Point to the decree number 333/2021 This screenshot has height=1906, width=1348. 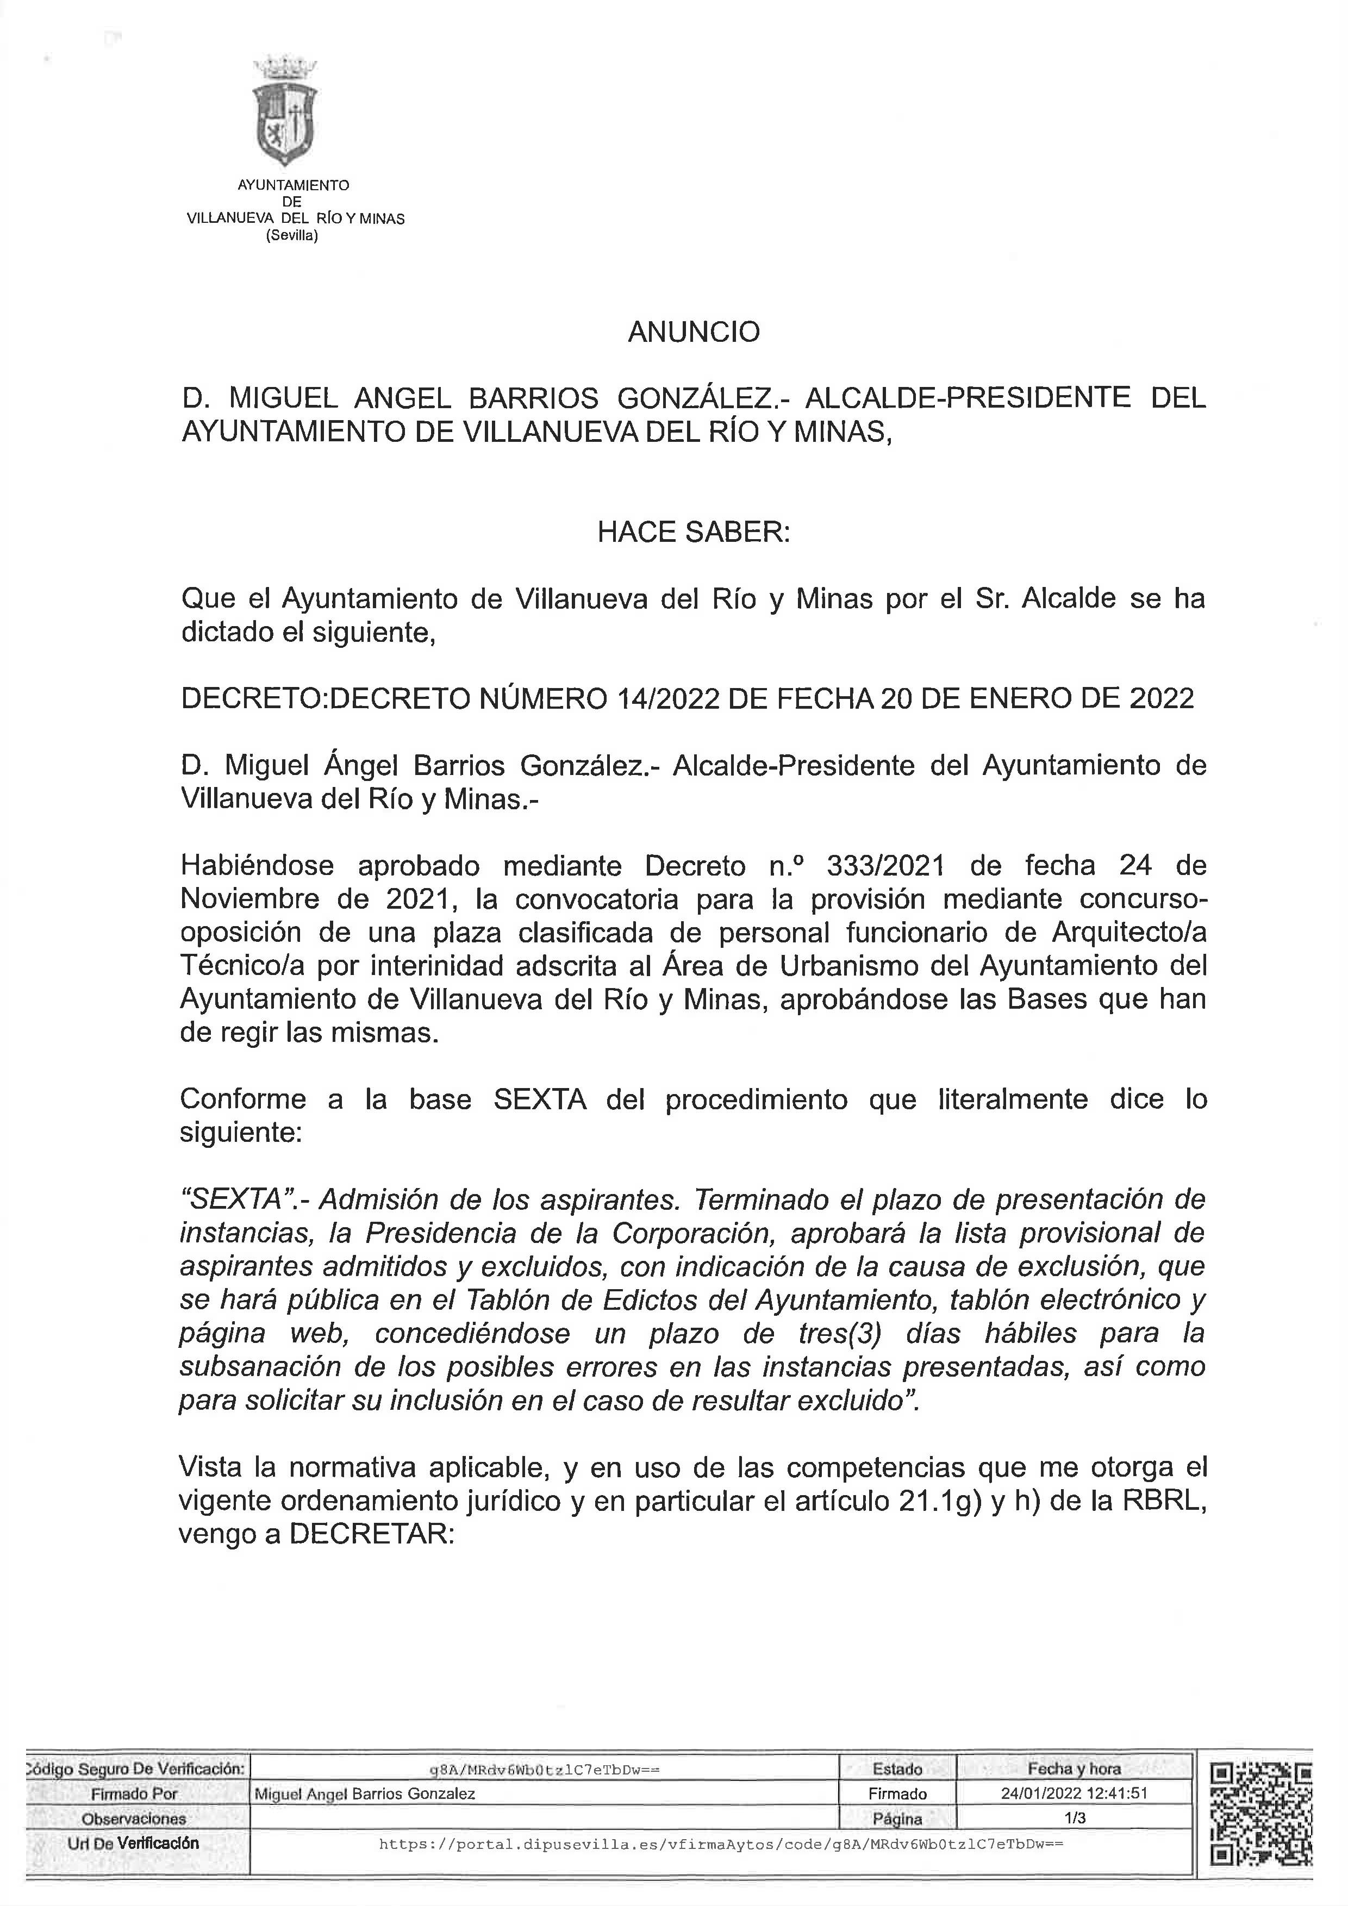[x=885, y=866]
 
